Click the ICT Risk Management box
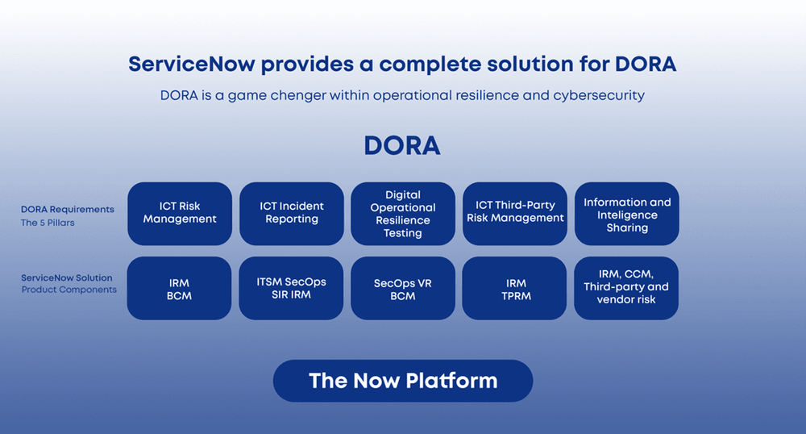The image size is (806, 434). coord(180,213)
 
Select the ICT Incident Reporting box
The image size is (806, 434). coord(291,213)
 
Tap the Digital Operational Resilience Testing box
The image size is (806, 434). coord(403,214)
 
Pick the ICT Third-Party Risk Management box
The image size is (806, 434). coord(515,212)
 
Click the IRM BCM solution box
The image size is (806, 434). coord(180,289)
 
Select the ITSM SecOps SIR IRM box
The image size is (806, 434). coord(291,288)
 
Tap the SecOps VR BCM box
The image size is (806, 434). coord(403,289)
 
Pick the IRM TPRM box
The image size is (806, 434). coord(515,289)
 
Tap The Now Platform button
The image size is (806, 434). coord(403,381)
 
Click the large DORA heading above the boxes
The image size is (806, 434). coord(402,146)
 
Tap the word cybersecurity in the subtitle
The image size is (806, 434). coord(599,95)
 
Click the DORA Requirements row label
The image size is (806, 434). coord(68,209)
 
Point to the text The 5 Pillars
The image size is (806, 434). coord(48,223)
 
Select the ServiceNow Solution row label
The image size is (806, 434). coord(67,278)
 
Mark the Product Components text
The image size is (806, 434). coord(69,290)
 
